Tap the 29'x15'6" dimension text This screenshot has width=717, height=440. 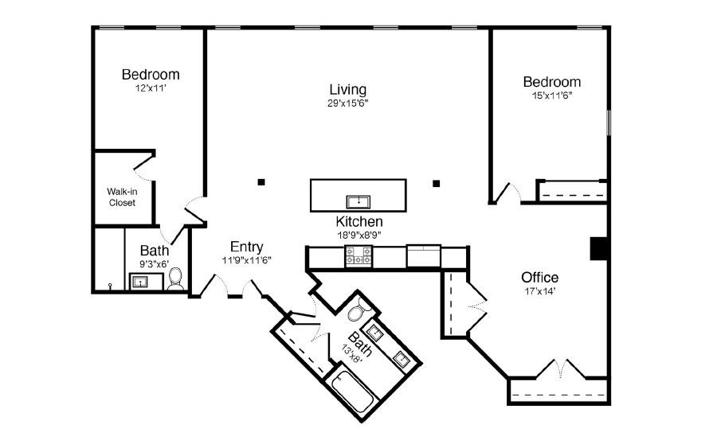(348, 103)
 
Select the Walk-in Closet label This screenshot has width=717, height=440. (122, 197)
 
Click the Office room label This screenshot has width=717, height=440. (539, 277)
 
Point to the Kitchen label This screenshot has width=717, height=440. (358, 221)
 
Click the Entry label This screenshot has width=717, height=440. (246, 247)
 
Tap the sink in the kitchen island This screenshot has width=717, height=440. (358, 200)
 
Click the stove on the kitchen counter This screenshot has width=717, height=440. (358, 256)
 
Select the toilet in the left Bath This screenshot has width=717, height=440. (176, 278)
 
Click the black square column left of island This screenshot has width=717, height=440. (261, 182)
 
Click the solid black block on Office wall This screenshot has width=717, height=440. (598, 248)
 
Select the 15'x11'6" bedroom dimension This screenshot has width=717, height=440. (551, 95)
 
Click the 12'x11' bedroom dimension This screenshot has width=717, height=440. (150, 88)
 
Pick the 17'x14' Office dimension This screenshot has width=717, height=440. (539, 290)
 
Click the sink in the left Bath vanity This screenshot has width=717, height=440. (142, 282)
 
